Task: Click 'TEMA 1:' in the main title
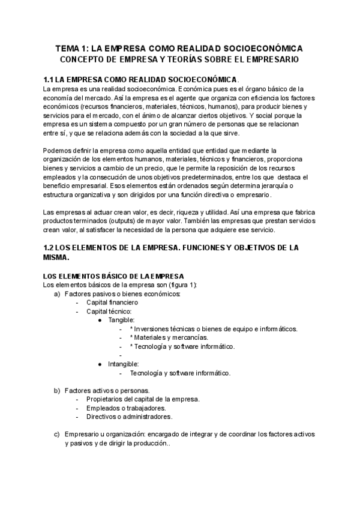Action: [x=71, y=48]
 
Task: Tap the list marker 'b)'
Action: [x=57, y=390]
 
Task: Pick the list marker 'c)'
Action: [x=57, y=434]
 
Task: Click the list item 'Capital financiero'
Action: [x=116, y=303]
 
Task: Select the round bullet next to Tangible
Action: [x=100, y=321]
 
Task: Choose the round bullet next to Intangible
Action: [x=100, y=364]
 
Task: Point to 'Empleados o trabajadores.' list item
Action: [x=126, y=408]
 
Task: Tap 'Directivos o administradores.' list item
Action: [x=129, y=417]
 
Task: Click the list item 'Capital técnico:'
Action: [x=109, y=312]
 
